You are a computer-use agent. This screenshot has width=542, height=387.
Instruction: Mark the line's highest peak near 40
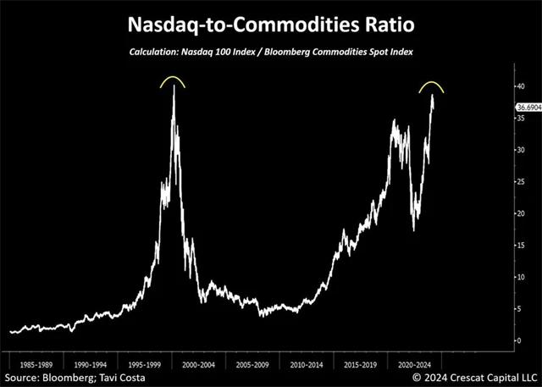coord(174,86)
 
